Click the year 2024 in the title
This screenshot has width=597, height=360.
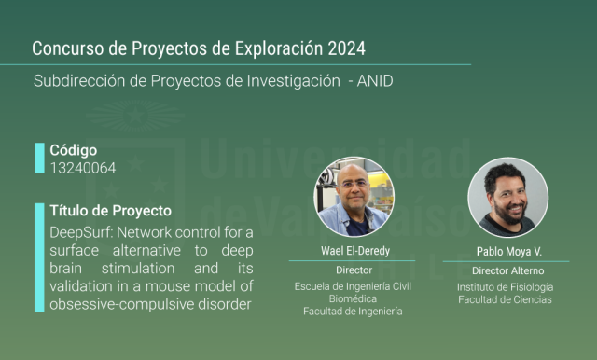click(346, 48)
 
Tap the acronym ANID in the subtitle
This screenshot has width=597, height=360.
click(375, 81)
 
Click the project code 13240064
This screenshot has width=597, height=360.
click(83, 168)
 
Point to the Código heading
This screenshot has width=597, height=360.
click(74, 151)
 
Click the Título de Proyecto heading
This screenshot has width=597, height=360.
click(110, 211)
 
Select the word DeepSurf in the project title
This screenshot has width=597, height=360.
click(81, 233)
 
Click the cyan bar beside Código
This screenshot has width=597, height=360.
click(39, 158)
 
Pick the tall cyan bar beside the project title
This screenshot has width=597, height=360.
click(39, 257)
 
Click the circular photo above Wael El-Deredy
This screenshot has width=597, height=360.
click(354, 197)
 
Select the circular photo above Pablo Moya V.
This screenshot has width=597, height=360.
click(507, 198)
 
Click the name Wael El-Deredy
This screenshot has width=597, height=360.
click(355, 251)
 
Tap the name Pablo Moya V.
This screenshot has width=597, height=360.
click(508, 252)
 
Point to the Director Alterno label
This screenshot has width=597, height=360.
click(507, 271)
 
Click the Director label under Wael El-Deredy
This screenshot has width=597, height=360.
click(354, 270)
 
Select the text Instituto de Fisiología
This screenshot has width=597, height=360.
click(506, 287)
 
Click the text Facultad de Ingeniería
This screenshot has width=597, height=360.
click(353, 312)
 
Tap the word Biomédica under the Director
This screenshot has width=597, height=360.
click(353, 299)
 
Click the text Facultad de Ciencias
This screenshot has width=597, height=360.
click(506, 300)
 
